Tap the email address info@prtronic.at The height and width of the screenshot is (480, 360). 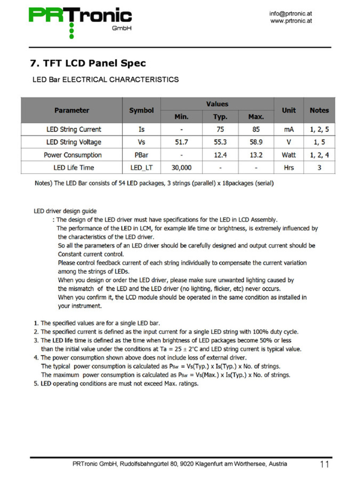[x=290, y=14]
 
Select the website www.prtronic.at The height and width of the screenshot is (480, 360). [x=291, y=21]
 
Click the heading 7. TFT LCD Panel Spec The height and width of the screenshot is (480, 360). [x=88, y=63]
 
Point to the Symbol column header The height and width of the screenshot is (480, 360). [x=141, y=110]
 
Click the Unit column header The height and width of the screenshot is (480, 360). [x=289, y=110]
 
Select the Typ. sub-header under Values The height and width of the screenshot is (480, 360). [x=220, y=117]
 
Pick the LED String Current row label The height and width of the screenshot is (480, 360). [x=74, y=129]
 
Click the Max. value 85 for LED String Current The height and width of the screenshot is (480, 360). [x=256, y=129]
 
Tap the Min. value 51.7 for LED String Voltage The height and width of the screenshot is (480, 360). [x=181, y=142]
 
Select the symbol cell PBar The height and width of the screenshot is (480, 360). [x=141, y=155]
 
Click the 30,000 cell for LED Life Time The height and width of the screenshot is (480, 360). [x=181, y=168]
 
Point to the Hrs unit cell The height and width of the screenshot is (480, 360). [x=289, y=168]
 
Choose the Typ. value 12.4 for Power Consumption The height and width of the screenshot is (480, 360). [x=220, y=155]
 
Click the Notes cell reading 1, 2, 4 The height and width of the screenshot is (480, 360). [x=319, y=155]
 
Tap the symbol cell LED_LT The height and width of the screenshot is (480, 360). [x=141, y=168]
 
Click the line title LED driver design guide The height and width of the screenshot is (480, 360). [x=65, y=211]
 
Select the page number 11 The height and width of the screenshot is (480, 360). [x=324, y=464]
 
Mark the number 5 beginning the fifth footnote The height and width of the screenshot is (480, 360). [x=36, y=384]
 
